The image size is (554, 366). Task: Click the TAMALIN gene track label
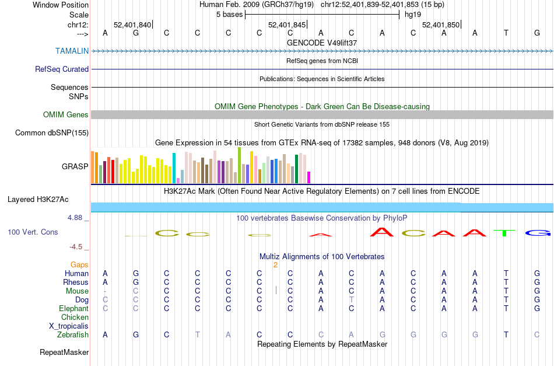pyautogui.click(x=72, y=51)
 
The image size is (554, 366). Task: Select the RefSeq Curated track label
pyautogui.click(x=62, y=69)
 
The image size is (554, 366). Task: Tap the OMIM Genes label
pyautogui.click(x=66, y=114)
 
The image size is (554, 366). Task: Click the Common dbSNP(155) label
pyautogui.click(x=52, y=133)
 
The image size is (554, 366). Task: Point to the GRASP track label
pyautogui.click(x=75, y=166)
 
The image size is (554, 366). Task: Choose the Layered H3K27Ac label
pyautogui.click(x=38, y=199)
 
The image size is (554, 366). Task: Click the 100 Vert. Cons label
pyautogui.click(x=33, y=232)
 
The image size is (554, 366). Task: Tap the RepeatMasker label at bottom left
pyautogui.click(x=64, y=352)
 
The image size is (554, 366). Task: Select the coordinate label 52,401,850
pyautogui.click(x=441, y=25)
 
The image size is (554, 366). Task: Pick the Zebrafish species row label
pyautogui.click(x=73, y=334)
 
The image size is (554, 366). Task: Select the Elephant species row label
pyautogui.click(x=73, y=308)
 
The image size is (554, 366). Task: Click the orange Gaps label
pyautogui.click(x=79, y=264)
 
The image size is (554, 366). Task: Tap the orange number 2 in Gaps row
pyautogui.click(x=275, y=264)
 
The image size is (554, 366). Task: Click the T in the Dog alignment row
pyautogui.click(x=351, y=299)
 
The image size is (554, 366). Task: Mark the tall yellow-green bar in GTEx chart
pyautogui.click(x=239, y=165)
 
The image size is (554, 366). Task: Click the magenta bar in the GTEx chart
pyautogui.click(x=308, y=177)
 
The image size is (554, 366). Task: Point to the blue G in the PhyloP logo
pyautogui.click(x=537, y=233)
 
